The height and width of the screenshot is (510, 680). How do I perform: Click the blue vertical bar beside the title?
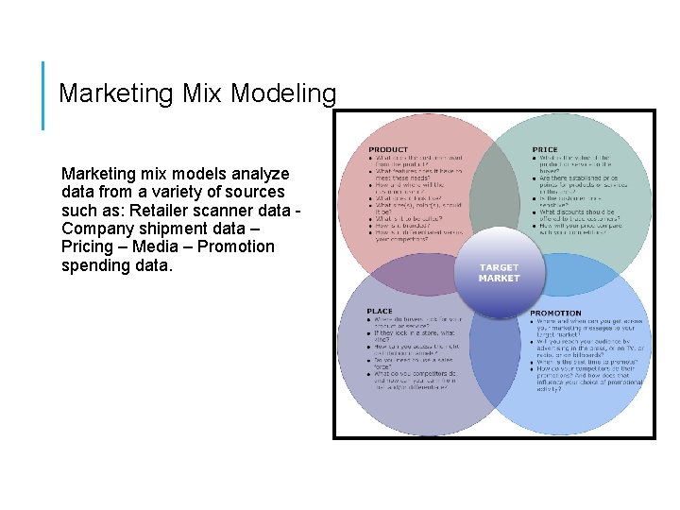click(x=43, y=95)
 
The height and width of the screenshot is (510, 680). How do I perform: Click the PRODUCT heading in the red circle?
click(x=388, y=149)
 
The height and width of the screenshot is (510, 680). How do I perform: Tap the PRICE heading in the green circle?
click(x=544, y=149)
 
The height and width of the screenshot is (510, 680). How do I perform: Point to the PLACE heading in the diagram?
click(x=380, y=311)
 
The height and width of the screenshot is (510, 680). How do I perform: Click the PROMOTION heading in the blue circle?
click(x=555, y=313)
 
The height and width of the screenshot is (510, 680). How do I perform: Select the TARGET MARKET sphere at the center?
click(x=499, y=274)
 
